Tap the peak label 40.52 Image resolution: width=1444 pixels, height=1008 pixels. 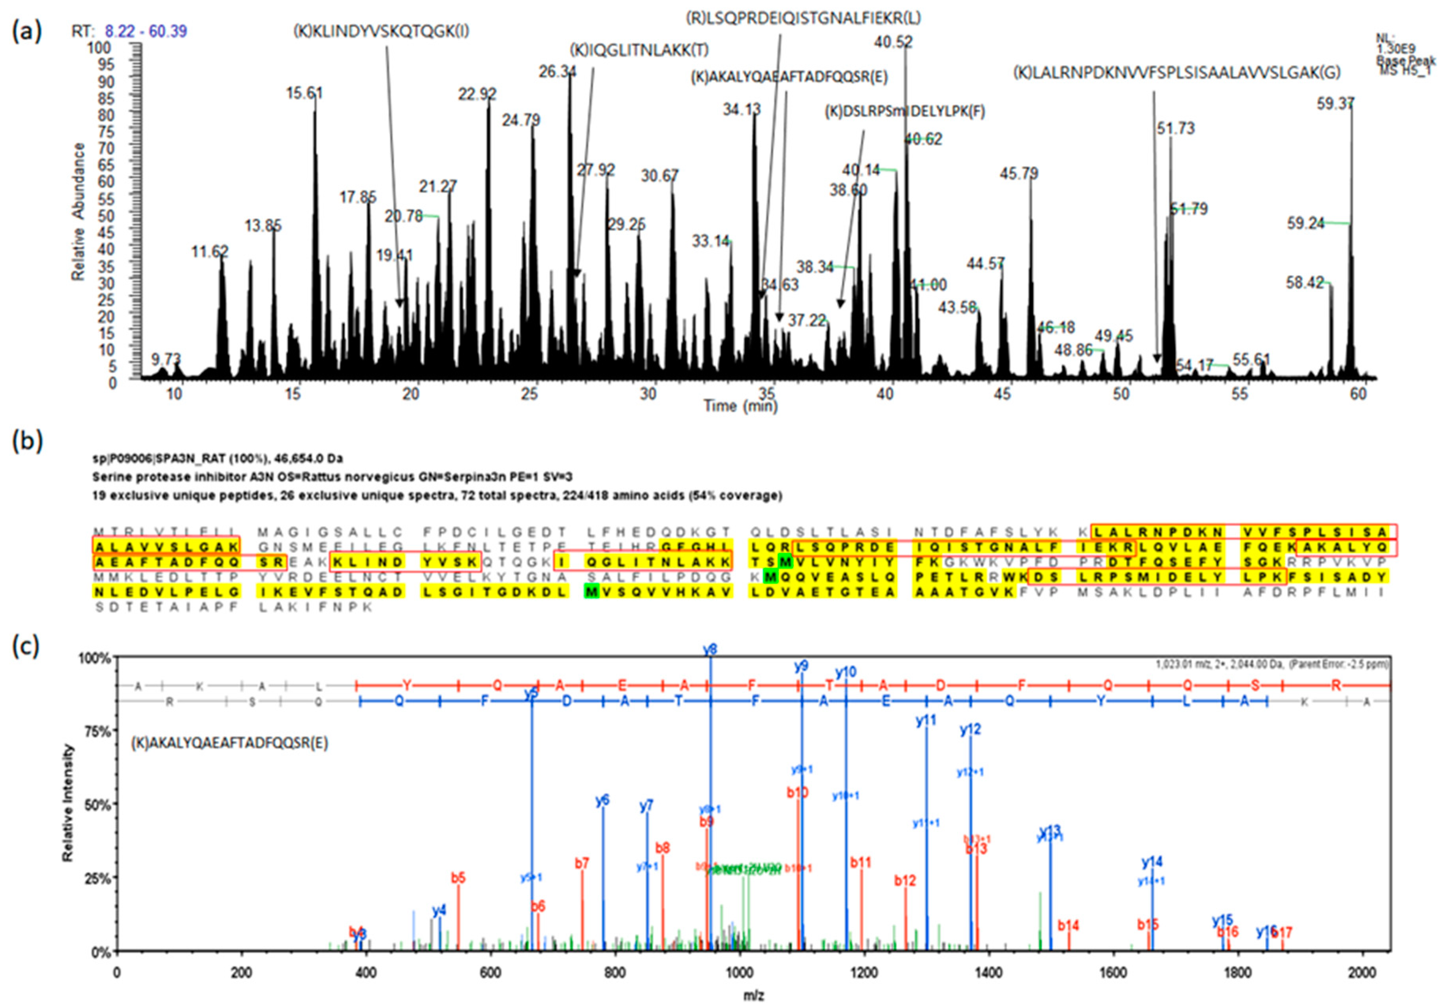pyautogui.click(x=893, y=42)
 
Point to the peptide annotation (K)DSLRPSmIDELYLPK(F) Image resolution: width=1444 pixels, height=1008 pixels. pyautogui.click(x=904, y=112)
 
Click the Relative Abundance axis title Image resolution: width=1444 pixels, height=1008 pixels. pyautogui.click(x=78, y=212)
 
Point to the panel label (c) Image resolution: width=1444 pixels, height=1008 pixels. pyautogui.click(x=26, y=646)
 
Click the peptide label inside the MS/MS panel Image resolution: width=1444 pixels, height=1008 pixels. pyautogui.click(x=229, y=743)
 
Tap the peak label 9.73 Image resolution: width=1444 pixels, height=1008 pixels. pyautogui.click(x=165, y=359)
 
